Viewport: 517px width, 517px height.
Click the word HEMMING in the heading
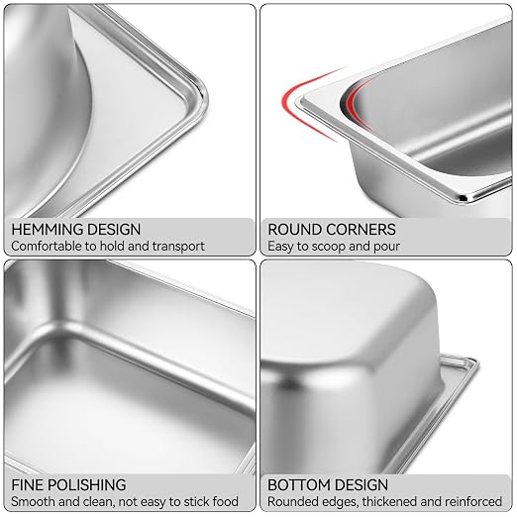(x=48, y=230)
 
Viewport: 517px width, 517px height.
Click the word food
(x=226, y=501)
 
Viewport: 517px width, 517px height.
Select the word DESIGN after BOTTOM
(x=362, y=485)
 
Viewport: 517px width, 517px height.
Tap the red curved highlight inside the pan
(x=354, y=102)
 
